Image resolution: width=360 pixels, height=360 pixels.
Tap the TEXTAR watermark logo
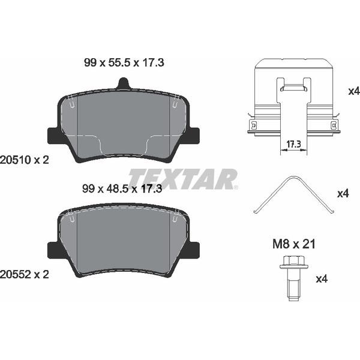click(x=183, y=178)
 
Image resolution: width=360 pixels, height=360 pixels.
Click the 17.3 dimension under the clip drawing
click(x=293, y=145)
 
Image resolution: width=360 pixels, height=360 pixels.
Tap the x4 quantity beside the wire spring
click(x=343, y=194)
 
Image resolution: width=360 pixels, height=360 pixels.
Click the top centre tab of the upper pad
click(x=123, y=85)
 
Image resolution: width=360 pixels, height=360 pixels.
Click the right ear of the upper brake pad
click(x=193, y=134)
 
